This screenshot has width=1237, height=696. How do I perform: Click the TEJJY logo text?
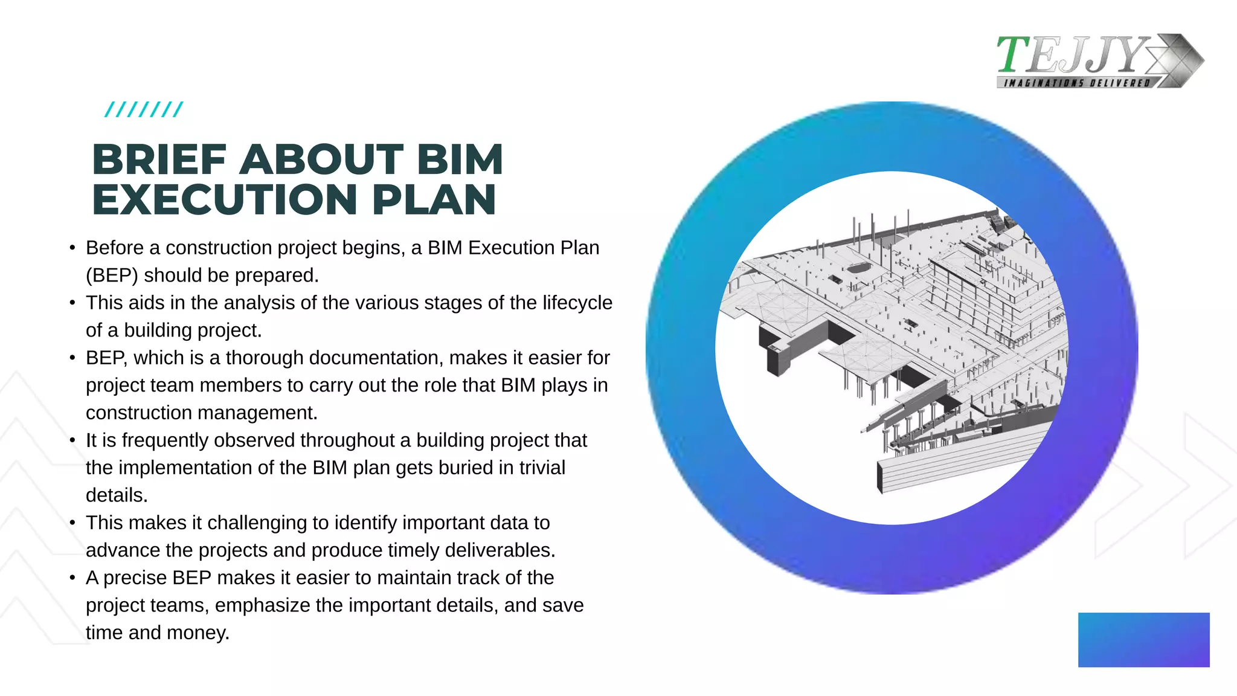pyautogui.click(x=1072, y=55)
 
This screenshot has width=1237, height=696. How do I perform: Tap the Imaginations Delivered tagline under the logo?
pyautogui.click(x=1076, y=83)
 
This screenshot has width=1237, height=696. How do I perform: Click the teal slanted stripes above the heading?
pyautogui.click(x=144, y=109)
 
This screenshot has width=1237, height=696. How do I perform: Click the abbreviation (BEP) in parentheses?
pyautogui.click(x=112, y=275)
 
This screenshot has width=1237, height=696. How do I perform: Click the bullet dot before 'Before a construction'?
pyautogui.click(x=72, y=248)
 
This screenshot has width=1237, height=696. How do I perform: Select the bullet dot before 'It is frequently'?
pyautogui.click(x=72, y=440)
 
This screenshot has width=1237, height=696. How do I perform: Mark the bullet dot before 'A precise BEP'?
pyautogui.click(x=72, y=578)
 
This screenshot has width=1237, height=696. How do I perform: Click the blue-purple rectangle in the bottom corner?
pyautogui.click(x=1143, y=640)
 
